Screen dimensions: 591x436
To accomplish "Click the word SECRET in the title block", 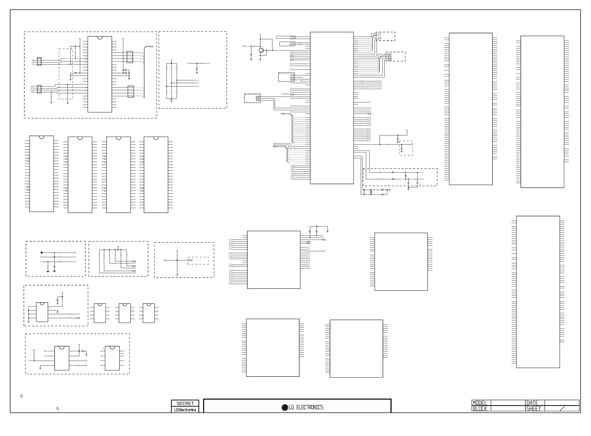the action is pyautogui.click(x=185, y=403).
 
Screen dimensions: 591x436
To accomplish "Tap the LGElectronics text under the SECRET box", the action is pyautogui.click(x=185, y=410).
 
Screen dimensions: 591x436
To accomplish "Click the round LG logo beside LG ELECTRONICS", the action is pyautogui.click(x=285, y=407).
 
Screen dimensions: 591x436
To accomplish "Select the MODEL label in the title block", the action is pyautogui.click(x=480, y=403).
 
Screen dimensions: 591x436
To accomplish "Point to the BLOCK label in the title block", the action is pyautogui.click(x=480, y=408).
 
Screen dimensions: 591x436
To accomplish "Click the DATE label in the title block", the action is pyautogui.click(x=532, y=403).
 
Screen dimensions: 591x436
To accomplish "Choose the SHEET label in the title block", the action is pyautogui.click(x=533, y=408).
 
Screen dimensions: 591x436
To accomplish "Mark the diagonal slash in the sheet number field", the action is pyautogui.click(x=562, y=408).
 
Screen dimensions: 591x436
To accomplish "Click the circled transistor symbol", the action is pyautogui.click(x=261, y=50).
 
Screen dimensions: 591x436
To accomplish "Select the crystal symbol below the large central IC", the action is pyautogui.click(x=371, y=192).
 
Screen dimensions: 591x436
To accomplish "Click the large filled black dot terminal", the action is pyautogui.click(x=41, y=252).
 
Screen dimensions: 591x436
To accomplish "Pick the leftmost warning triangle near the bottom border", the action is pyautogui.click(x=22, y=396).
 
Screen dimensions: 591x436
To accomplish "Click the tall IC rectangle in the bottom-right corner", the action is pyautogui.click(x=538, y=292).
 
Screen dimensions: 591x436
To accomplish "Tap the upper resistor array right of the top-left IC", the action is pyautogui.click(x=130, y=57).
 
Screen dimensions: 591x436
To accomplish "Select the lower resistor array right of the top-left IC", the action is pyautogui.click(x=131, y=92).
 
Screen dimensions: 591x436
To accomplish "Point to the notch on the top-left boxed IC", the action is pyautogui.click(x=100, y=38).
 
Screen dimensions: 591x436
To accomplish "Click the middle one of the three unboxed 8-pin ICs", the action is pyautogui.click(x=125, y=313).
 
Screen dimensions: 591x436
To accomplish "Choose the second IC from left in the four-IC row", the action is pyautogui.click(x=80, y=175).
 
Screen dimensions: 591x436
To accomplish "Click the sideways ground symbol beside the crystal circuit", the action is pyautogui.click(x=390, y=189).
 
